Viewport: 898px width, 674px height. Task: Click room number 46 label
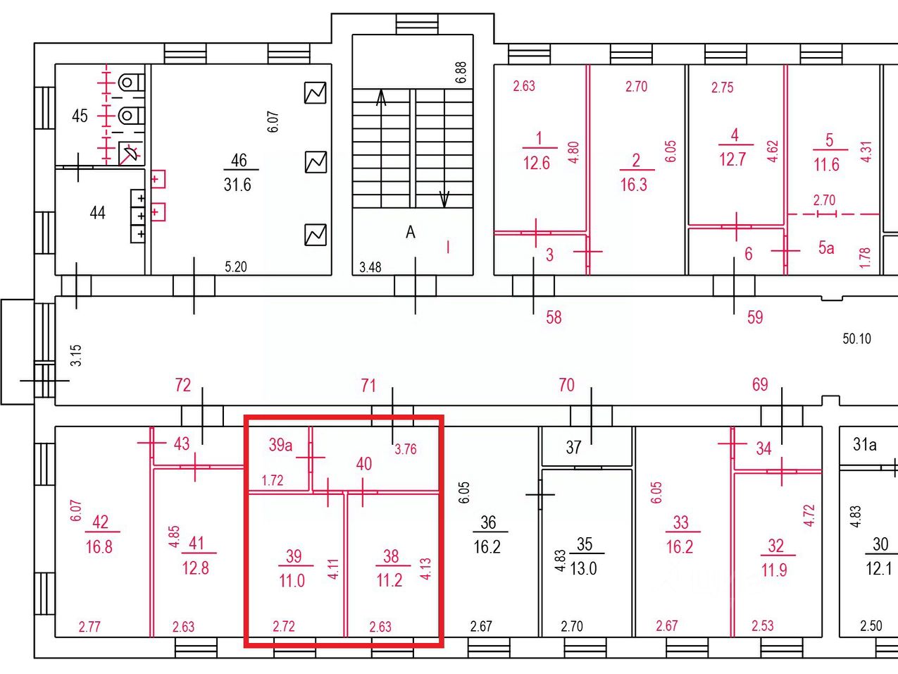coord(239,160)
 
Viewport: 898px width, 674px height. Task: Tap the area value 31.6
coord(237,185)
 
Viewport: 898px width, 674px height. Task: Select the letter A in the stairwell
coord(411,232)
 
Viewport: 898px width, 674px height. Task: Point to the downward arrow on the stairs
coord(444,200)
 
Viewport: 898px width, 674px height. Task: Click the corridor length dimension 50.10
coord(856,338)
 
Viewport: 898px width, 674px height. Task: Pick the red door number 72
coord(183,385)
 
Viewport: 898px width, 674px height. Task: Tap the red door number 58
coord(554,317)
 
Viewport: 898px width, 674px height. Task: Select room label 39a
coord(280,445)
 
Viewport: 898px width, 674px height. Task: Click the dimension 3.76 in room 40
coord(406,449)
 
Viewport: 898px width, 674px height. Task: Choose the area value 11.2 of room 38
coord(389,580)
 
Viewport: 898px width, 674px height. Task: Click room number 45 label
coord(80,116)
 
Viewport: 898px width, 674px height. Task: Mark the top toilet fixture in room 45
coord(131,83)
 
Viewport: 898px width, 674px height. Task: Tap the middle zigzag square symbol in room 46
coord(316,162)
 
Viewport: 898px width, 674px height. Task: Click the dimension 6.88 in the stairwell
coord(461,73)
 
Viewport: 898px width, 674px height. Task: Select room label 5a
coord(826,247)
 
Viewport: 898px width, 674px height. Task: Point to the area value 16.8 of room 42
coord(99,546)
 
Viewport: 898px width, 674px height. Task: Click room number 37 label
coord(573,448)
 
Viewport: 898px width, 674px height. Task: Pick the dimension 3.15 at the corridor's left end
coord(76,355)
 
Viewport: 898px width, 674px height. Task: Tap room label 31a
coord(864,444)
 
